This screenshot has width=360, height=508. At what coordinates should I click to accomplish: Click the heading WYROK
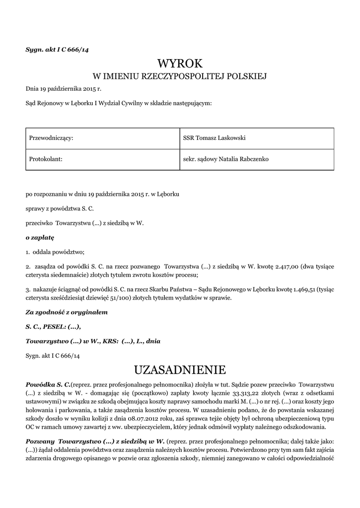click(180, 63)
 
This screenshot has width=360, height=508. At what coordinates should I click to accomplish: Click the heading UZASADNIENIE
click(180, 370)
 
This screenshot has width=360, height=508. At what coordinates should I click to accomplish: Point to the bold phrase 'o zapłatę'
click(40, 238)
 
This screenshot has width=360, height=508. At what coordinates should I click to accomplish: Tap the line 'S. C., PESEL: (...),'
click(53, 326)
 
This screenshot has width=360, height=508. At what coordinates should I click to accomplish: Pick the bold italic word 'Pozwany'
click(40, 441)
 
